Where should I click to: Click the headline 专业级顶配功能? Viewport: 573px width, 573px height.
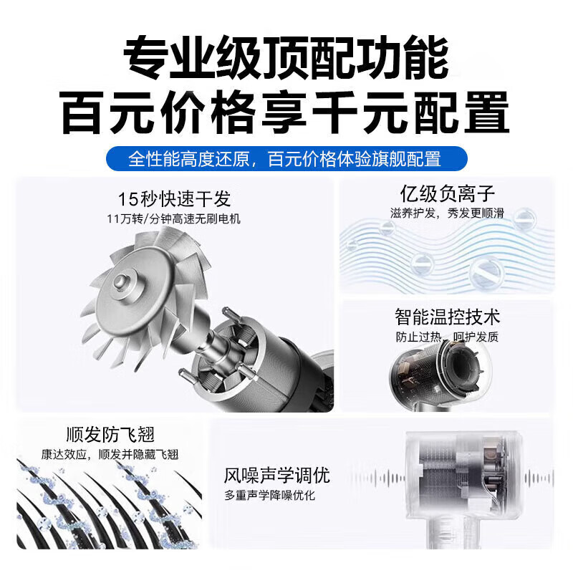point(286,58)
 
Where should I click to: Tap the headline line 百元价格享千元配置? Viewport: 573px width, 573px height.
point(286,112)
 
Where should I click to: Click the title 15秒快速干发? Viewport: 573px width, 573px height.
point(175,198)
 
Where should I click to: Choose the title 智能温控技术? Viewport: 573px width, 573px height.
point(447,316)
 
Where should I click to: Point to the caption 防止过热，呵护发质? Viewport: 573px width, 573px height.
point(447,336)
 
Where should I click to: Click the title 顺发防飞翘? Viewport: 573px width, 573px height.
point(110,435)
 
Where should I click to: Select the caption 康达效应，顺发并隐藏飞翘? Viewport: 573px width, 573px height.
point(110,454)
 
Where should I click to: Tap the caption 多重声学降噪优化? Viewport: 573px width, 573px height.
point(269,496)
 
